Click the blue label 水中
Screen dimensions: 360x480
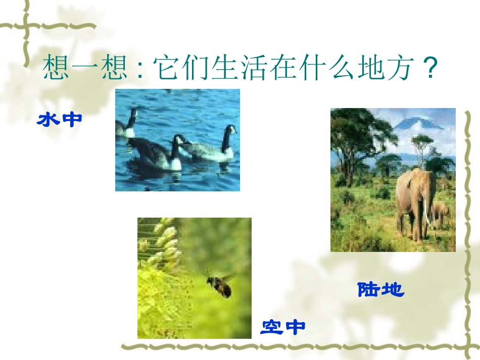pyautogui.click(x=60, y=120)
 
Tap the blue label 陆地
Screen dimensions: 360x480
pyautogui.click(x=381, y=289)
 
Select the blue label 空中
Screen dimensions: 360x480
pyautogui.click(x=283, y=327)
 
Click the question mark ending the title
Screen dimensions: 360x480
pyautogui.click(x=429, y=68)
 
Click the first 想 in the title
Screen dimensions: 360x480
pyautogui.click(x=57, y=68)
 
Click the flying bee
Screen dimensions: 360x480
pyautogui.click(x=219, y=285)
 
